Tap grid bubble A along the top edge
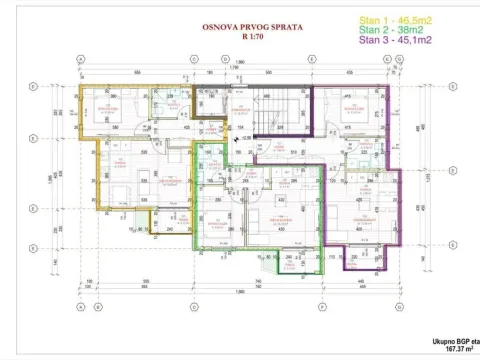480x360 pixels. (x=79, y=59)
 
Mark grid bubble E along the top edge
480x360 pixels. (x=312, y=59)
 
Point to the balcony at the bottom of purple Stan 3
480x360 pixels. (x=368, y=257)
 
